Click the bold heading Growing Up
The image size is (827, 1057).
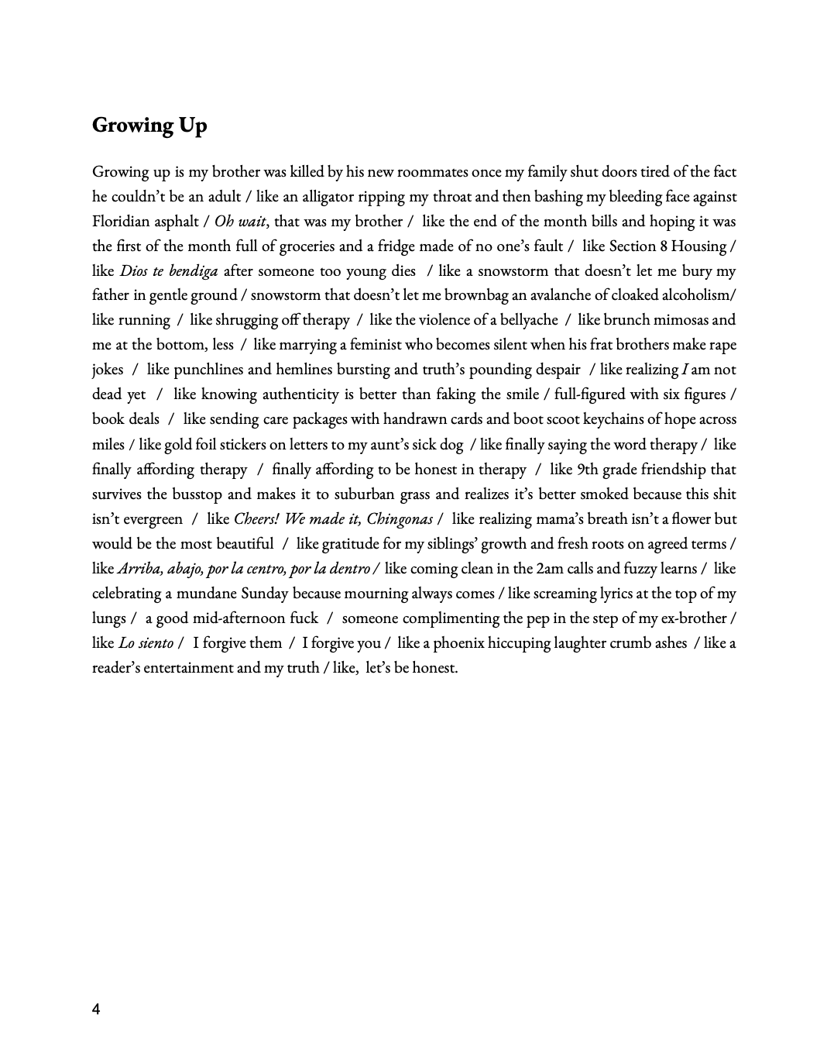pos(149,126)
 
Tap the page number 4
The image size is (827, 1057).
pos(96,1009)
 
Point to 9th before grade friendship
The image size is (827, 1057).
pos(587,469)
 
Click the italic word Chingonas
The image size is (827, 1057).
pos(400,518)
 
